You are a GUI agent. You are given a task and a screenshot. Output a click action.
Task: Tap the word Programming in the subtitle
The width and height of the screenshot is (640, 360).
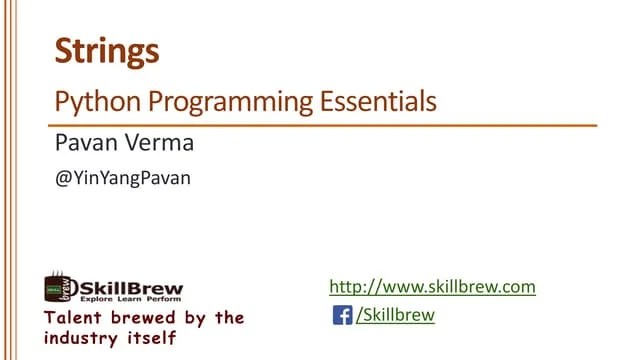tap(214, 102)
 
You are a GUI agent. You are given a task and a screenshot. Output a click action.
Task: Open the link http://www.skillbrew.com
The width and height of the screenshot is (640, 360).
tap(433, 287)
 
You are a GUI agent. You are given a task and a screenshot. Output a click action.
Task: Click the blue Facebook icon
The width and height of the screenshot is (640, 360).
tap(342, 316)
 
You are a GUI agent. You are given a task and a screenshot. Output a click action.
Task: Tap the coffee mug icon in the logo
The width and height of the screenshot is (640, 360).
tap(57, 288)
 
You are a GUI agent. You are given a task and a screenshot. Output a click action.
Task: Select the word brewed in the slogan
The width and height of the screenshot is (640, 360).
tap(145, 318)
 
